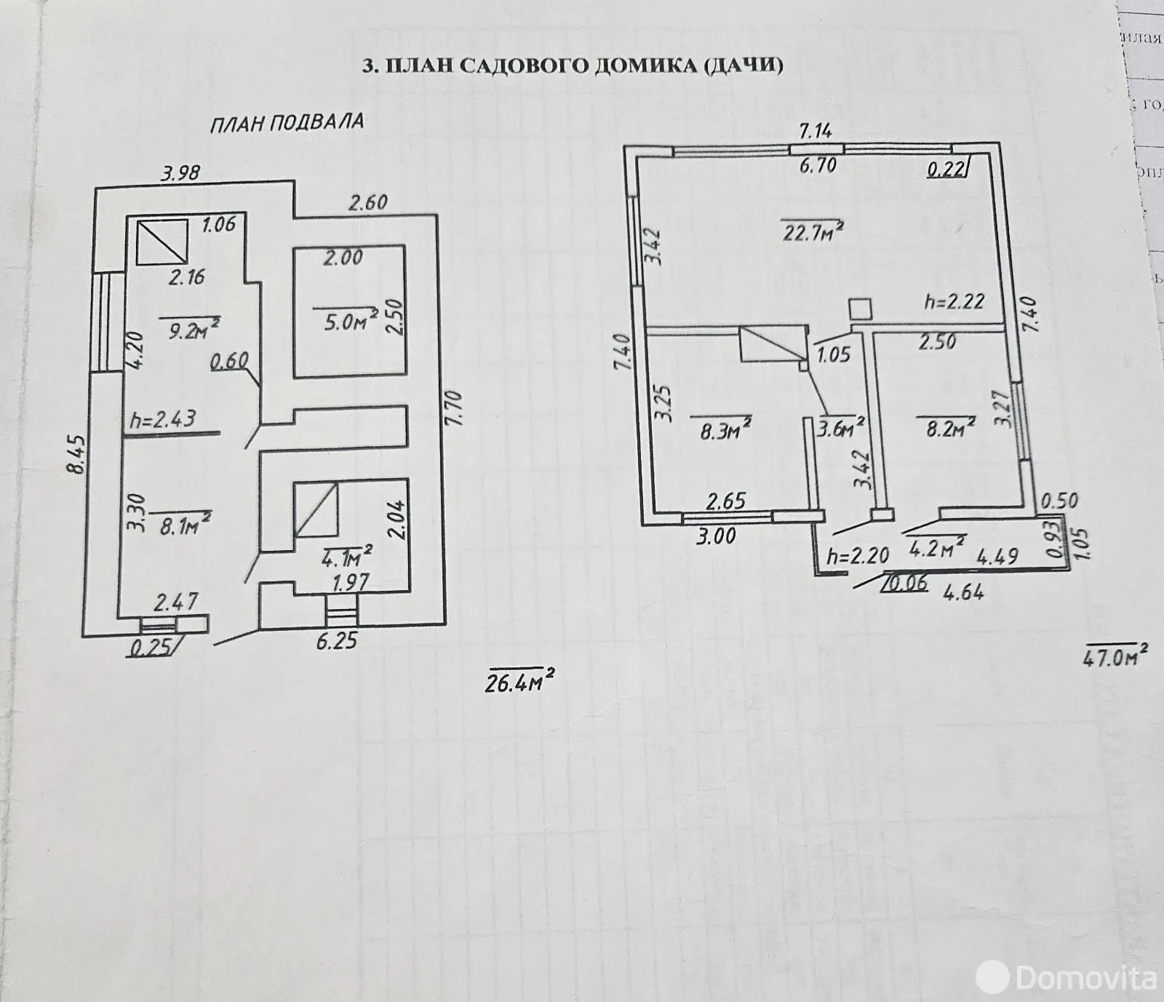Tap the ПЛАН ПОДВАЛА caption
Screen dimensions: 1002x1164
click(x=287, y=122)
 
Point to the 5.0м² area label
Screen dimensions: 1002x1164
click(x=345, y=321)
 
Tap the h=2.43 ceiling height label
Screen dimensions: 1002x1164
click(x=163, y=420)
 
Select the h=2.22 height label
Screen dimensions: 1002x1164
click(x=954, y=301)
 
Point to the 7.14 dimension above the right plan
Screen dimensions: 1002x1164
click(x=815, y=131)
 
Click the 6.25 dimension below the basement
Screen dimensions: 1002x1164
click(x=337, y=641)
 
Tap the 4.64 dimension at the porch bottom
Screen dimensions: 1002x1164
click(x=963, y=592)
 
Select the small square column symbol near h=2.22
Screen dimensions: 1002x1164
click(x=860, y=309)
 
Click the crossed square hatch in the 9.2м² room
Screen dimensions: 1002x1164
click(x=162, y=241)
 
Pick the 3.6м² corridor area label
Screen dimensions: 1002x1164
click(x=840, y=428)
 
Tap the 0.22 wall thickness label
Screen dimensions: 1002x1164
click(x=946, y=170)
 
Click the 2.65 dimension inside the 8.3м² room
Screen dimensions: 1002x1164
click(x=725, y=501)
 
